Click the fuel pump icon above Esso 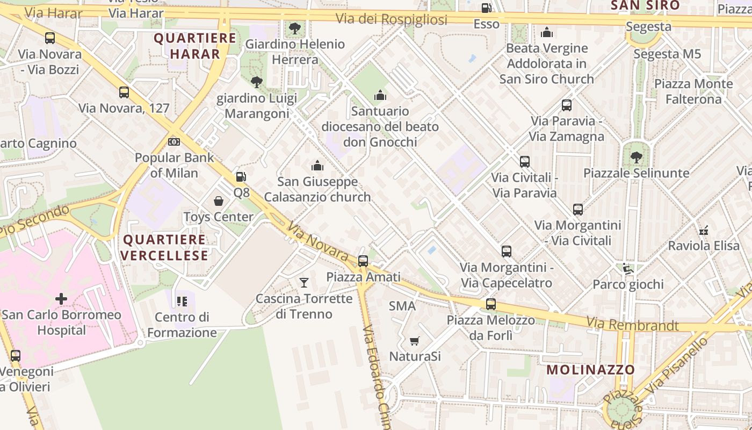[486, 8]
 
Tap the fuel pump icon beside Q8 [241, 176]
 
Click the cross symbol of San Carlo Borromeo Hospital [61, 298]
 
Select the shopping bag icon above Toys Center [219, 201]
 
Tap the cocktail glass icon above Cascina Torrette [304, 282]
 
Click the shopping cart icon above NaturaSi [414, 341]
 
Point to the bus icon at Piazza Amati [363, 261]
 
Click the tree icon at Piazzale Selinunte [636, 157]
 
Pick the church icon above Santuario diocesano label [380, 95]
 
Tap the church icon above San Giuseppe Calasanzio [317, 166]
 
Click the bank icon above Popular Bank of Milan [173, 142]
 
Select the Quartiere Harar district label [195, 46]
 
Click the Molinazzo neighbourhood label [591, 370]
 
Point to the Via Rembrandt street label [632, 325]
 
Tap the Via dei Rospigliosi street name [391, 19]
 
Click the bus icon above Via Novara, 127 [124, 92]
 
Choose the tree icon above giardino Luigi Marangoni [257, 82]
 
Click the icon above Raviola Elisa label [704, 230]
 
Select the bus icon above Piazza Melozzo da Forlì [491, 304]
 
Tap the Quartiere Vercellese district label [164, 247]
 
